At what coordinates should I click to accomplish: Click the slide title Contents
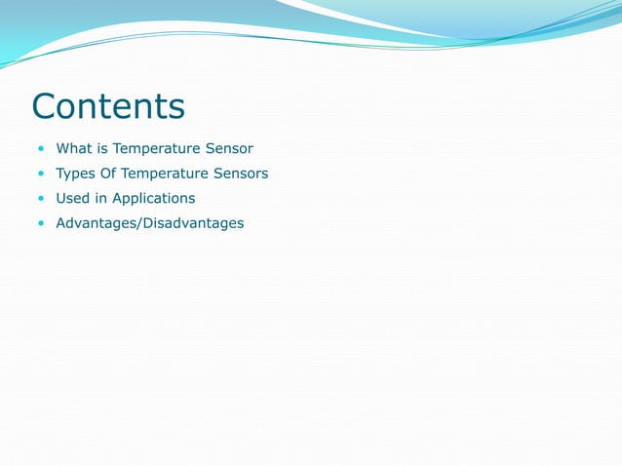coord(107,105)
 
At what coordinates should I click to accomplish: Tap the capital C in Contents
coord(45,105)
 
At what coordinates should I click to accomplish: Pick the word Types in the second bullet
coord(75,174)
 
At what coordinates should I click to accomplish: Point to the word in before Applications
coord(101,198)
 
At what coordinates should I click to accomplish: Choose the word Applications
coord(154,199)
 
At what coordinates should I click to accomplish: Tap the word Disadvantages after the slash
coord(196,224)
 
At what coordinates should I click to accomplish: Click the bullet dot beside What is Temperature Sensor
coord(41,149)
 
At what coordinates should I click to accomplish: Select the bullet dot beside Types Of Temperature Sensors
coord(41,175)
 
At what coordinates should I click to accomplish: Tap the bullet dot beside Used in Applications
coord(41,199)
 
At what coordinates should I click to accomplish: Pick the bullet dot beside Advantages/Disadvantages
coord(41,224)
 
